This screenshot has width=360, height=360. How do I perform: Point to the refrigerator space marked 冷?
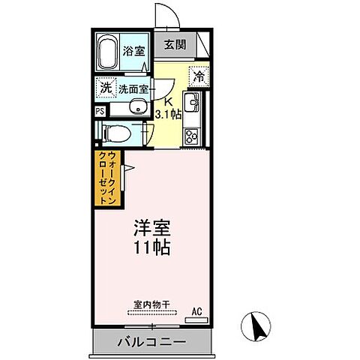pyautogui.click(x=199, y=76)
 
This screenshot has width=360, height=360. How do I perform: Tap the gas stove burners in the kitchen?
pyautogui.click(x=191, y=135)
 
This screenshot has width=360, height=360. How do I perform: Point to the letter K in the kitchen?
pyautogui.click(x=169, y=103)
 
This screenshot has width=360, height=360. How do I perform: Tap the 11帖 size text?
pyautogui.click(x=152, y=248)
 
